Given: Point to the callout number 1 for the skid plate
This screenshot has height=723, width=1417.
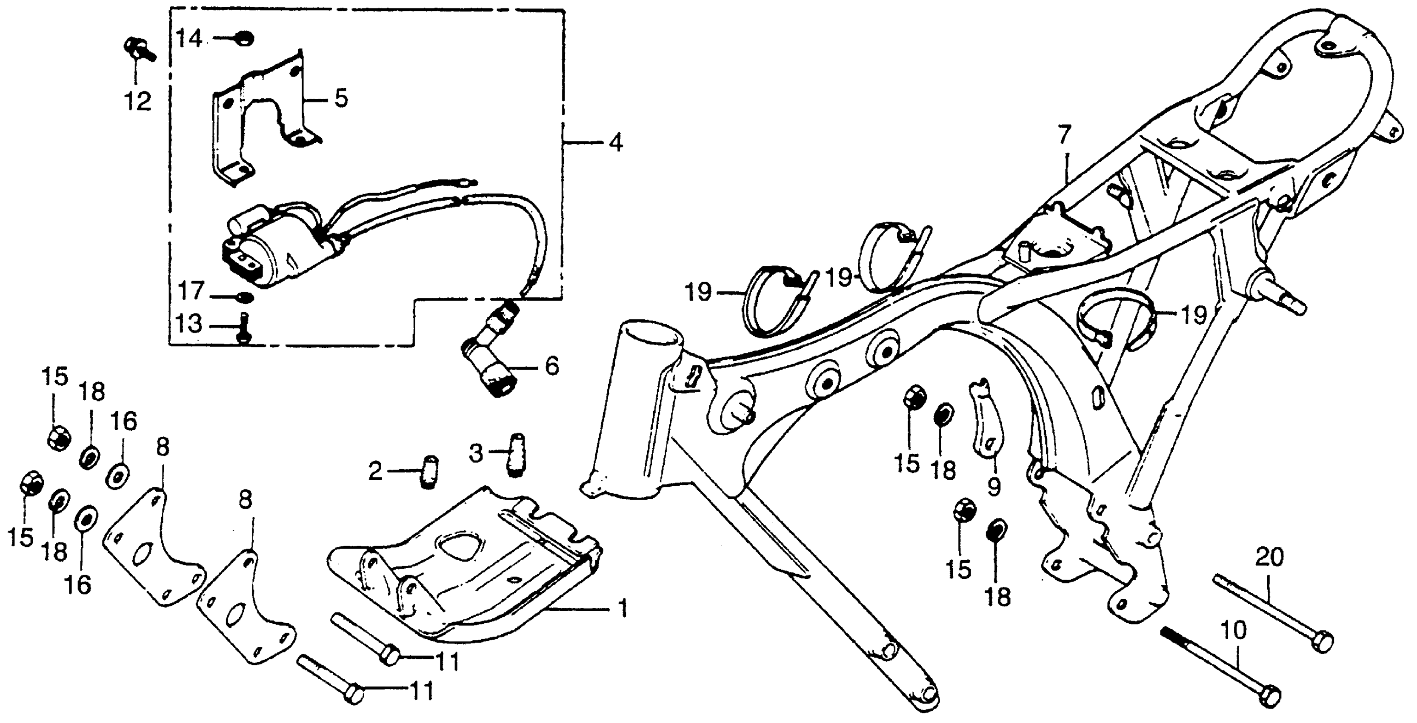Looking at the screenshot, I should click(622, 609).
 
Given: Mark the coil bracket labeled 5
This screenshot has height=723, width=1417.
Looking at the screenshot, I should click(259, 115).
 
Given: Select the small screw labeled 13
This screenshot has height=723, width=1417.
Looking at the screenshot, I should click(244, 328).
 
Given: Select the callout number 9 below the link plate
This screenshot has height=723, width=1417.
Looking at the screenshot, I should click(994, 486).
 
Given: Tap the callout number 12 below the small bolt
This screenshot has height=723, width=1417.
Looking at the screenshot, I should click(137, 102).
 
